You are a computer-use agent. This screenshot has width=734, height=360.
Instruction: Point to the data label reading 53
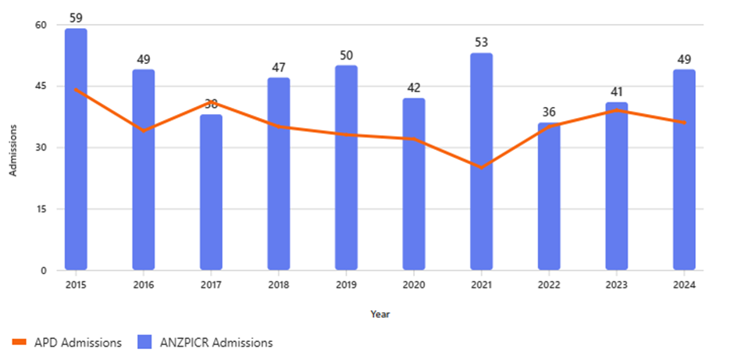click(x=481, y=41)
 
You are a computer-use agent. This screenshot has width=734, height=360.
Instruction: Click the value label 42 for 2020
click(x=414, y=86)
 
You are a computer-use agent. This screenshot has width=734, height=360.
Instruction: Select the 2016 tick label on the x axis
click(x=144, y=286)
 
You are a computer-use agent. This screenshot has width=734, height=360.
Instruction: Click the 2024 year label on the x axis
click(x=684, y=286)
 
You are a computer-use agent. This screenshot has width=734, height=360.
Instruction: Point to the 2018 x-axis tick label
click(x=279, y=286)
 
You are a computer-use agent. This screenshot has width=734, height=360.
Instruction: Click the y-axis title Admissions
click(x=13, y=148)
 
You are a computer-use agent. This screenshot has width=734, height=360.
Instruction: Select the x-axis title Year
click(x=380, y=314)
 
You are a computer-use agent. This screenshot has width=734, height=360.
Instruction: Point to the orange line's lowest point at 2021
click(x=481, y=167)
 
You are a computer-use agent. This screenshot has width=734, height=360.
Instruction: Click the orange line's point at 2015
click(x=76, y=89)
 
